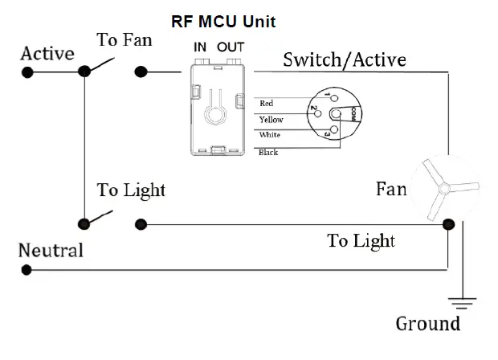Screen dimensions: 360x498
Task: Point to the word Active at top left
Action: click(x=47, y=54)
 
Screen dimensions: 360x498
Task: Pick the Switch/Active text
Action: click(x=344, y=59)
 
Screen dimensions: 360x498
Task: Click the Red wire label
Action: click(x=267, y=104)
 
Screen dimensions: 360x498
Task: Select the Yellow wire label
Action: click(x=271, y=119)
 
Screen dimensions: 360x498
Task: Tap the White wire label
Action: click(x=269, y=135)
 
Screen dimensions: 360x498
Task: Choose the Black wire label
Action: click(x=268, y=152)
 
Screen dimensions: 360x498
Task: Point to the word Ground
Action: click(x=428, y=324)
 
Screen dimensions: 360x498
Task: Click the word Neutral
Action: click(x=51, y=250)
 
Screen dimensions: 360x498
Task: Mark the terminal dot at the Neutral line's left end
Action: click(x=27, y=271)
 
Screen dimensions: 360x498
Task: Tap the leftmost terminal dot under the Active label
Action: click(x=27, y=72)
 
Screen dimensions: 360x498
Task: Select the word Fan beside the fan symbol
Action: click(x=390, y=190)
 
